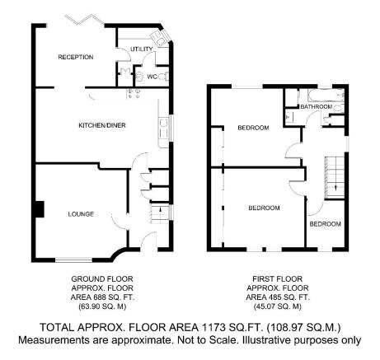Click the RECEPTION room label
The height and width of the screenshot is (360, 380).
pos(76,57)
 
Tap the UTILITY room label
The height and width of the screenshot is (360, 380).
pos(142,49)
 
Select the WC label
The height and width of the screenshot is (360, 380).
pos(152,77)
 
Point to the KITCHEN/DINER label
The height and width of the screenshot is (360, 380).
pos(102,125)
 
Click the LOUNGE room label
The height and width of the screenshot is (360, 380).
pos(81,214)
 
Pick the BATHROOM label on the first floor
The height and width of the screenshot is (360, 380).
pos(317,106)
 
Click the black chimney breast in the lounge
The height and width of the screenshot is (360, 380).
pos(39,209)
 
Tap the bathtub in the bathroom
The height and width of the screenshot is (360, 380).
pos(326,95)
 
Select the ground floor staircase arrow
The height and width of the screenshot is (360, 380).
pos(160,210)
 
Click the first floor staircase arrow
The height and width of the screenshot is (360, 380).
pos(335,187)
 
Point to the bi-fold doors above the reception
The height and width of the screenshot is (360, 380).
pos(84,20)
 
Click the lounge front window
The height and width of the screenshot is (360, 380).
pos(74,259)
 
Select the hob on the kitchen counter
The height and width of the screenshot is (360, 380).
pos(134,93)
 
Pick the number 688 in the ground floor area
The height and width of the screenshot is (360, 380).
pos(100,297)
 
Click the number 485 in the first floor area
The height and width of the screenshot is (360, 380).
pos(274,297)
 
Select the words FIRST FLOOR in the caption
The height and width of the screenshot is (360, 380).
pos(277,279)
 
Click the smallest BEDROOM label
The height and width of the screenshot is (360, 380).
pos(326,224)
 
